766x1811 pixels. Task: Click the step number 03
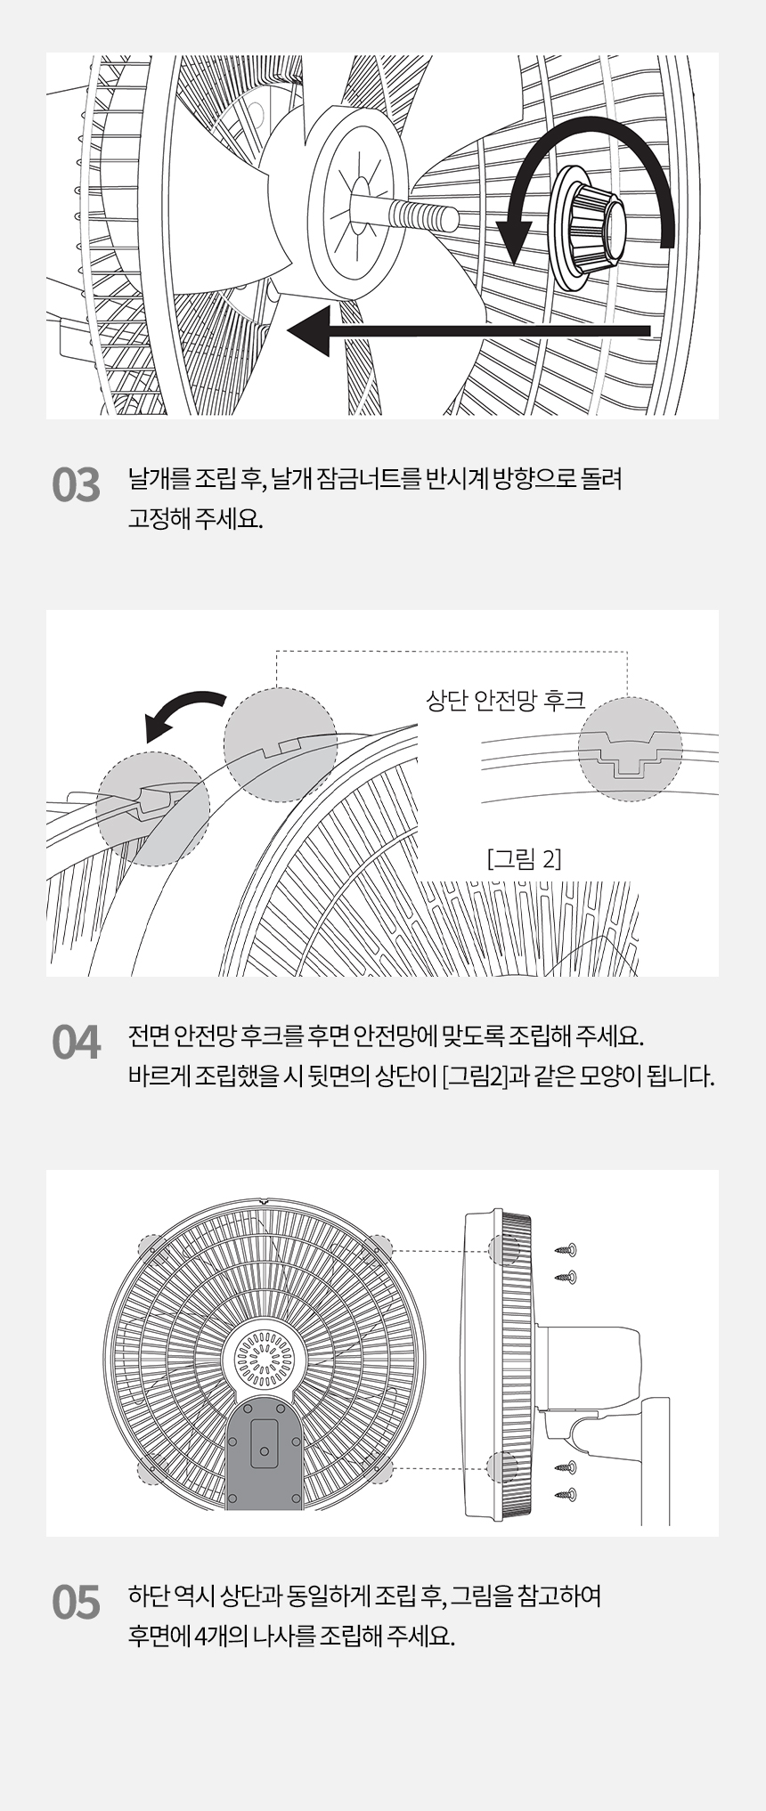pyautogui.click(x=76, y=486)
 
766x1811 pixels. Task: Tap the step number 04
pyautogui.click(x=76, y=1043)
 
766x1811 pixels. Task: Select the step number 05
pyautogui.click(x=76, y=1604)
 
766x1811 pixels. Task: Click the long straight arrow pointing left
pyautogui.click(x=469, y=330)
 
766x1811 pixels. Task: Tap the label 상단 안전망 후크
pyautogui.click(x=505, y=701)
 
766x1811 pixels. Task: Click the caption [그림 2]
pyautogui.click(x=525, y=859)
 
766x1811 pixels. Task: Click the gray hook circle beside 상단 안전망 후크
pyautogui.click(x=630, y=750)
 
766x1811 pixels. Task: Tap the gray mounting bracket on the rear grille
pyautogui.click(x=263, y=1453)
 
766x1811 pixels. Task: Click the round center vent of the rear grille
pyautogui.click(x=263, y=1360)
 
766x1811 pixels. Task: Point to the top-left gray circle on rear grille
pyautogui.click(x=152, y=1247)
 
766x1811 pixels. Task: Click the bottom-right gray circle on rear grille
pyautogui.click(x=379, y=1469)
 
